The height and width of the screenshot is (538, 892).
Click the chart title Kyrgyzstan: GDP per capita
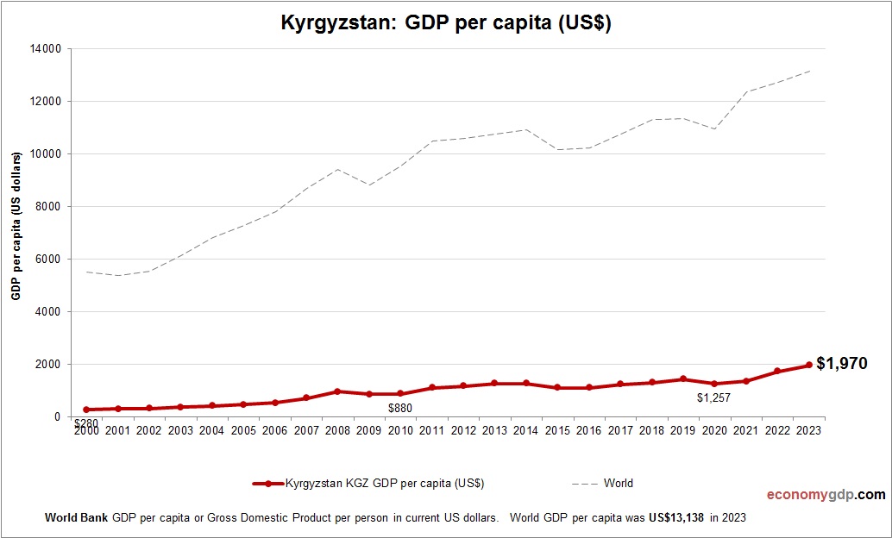446,23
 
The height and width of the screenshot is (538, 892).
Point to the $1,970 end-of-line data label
841,364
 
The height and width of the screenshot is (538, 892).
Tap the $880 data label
399,408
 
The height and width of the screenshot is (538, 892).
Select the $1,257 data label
713,398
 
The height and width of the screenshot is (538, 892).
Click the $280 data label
85,423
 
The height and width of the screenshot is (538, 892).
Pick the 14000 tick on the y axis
45,49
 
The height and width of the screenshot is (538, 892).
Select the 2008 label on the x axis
337,431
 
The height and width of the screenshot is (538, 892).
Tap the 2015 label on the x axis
557,431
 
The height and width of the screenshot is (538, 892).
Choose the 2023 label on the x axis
808,431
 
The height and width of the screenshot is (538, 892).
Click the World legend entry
618,484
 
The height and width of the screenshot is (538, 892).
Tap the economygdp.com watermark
826,495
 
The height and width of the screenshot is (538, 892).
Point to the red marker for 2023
808,365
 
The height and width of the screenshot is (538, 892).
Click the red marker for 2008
337,391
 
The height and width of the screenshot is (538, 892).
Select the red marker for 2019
682,378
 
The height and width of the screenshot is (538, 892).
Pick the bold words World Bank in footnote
76,518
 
